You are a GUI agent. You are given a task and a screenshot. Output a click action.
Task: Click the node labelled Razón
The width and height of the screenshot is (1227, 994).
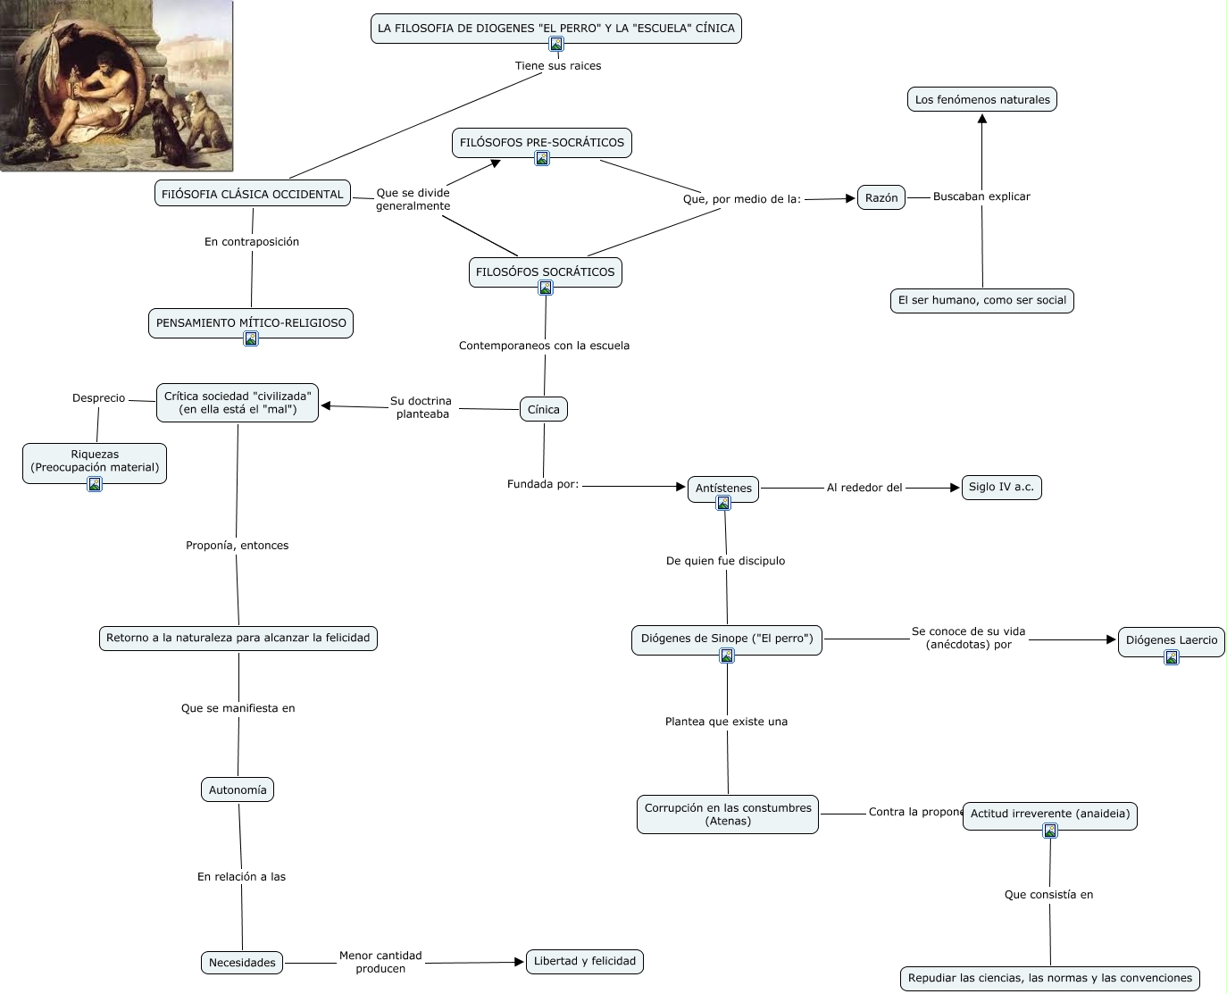[881, 198]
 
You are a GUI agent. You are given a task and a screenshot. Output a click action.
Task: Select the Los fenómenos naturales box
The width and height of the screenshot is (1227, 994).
[982, 99]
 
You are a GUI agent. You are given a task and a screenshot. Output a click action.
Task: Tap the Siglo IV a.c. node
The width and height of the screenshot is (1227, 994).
[1001, 487]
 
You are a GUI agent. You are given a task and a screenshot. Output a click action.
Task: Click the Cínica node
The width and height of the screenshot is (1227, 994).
[543, 409]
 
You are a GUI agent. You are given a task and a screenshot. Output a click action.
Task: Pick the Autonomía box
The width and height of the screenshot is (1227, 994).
[238, 789]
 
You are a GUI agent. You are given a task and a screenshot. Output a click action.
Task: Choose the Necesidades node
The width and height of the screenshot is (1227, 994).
[242, 962]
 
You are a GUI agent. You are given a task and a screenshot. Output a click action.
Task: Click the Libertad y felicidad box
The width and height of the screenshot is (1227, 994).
[585, 961]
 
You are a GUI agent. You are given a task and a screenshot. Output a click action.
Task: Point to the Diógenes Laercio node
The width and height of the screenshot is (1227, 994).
[1171, 639]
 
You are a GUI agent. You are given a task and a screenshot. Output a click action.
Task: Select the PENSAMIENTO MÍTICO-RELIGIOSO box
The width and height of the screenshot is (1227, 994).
[251, 322]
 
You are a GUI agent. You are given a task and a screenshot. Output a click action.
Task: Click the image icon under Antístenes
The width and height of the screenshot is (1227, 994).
[723, 504]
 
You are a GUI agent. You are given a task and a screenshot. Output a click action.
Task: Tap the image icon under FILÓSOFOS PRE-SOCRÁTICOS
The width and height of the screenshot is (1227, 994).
[542, 158]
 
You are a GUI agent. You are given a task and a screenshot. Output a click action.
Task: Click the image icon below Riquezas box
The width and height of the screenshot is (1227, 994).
[95, 484]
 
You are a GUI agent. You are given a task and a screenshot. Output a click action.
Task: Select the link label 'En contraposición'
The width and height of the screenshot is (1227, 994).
[252, 241]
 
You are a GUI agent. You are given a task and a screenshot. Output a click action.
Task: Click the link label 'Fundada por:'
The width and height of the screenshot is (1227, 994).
[543, 484]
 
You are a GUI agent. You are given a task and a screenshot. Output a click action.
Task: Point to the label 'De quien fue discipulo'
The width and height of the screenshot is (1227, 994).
[725, 561]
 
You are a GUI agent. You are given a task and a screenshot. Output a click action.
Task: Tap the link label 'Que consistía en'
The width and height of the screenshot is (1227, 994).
[1048, 894]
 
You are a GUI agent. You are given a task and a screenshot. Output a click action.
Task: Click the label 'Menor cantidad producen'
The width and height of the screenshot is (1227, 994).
[380, 962]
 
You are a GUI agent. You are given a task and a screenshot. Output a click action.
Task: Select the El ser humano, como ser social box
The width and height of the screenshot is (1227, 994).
[981, 300]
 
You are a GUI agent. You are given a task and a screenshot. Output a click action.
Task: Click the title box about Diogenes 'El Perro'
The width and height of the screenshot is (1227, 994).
[555, 28]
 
